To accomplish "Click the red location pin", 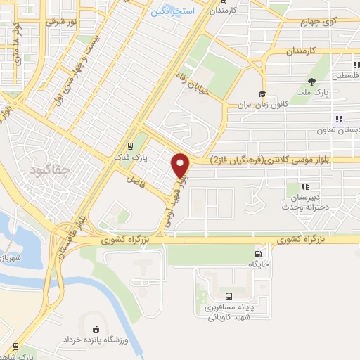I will point(181,165).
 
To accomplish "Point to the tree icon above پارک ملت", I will point(311,82).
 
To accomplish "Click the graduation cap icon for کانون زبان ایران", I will point(262,95).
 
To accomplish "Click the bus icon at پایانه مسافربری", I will point(229,296).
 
